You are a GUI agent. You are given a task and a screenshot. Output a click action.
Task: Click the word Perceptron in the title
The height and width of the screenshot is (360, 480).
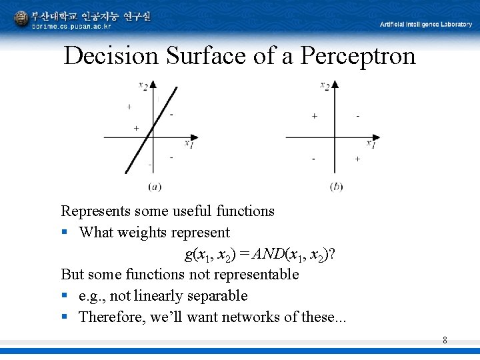coord(357,56)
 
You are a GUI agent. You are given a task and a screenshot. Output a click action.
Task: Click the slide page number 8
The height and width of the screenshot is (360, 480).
coord(445,341)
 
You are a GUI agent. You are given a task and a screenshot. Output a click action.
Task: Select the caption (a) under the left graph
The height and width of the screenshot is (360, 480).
coord(155,186)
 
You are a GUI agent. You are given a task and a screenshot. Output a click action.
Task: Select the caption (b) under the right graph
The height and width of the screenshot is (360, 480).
coord(337,186)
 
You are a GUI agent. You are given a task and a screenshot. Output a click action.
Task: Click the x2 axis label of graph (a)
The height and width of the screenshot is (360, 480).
coord(143,85)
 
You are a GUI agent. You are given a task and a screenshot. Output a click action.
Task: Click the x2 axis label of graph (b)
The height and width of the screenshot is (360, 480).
coord(325,85)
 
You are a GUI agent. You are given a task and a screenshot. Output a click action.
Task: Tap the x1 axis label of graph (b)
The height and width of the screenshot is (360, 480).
coord(371,143)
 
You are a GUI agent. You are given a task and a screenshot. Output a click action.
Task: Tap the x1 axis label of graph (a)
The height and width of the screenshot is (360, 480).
coord(189,143)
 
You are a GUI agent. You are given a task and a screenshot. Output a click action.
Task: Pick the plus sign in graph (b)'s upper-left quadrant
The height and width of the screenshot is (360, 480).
coord(314,116)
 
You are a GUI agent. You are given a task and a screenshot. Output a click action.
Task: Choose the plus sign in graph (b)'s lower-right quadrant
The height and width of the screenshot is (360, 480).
coord(357,159)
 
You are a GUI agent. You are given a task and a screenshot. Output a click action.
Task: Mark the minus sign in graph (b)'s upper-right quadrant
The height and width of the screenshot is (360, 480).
coord(358,116)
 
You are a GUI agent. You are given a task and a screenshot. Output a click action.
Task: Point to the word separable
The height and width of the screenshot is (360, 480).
coord(218,295)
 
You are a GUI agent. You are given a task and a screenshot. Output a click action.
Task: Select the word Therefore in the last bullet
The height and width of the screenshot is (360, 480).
coord(111,317)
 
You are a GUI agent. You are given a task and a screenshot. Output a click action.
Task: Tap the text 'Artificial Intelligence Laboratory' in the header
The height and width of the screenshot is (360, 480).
coord(425,24)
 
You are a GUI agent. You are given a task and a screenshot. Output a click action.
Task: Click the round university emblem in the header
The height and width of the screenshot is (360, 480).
coord(22,19)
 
